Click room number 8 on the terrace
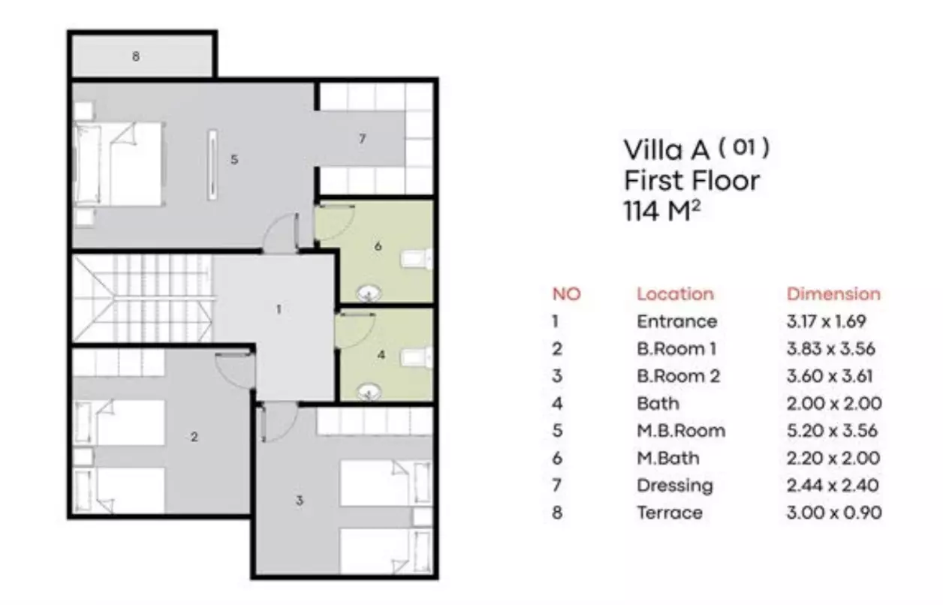[x=136, y=56]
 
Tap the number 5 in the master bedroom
[x=234, y=160]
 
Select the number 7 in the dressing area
[x=363, y=139]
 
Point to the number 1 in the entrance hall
[x=279, y=309]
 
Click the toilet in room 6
[x=417, y=258]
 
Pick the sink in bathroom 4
[x=369, y=393]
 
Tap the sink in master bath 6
[x=369, y=293]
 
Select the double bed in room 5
[x=119, y=164]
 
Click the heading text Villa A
[x=667, y=150]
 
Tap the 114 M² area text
[x=661, y=210]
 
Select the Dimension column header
[x=833, y=294]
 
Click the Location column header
[x=675, y=294]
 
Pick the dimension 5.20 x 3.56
[x=832, y=431]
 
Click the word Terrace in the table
[x=670, y=513]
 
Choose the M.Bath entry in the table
[x=668, y=458]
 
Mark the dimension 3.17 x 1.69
[x=826, y=322]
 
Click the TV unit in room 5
[x=212, y=164]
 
